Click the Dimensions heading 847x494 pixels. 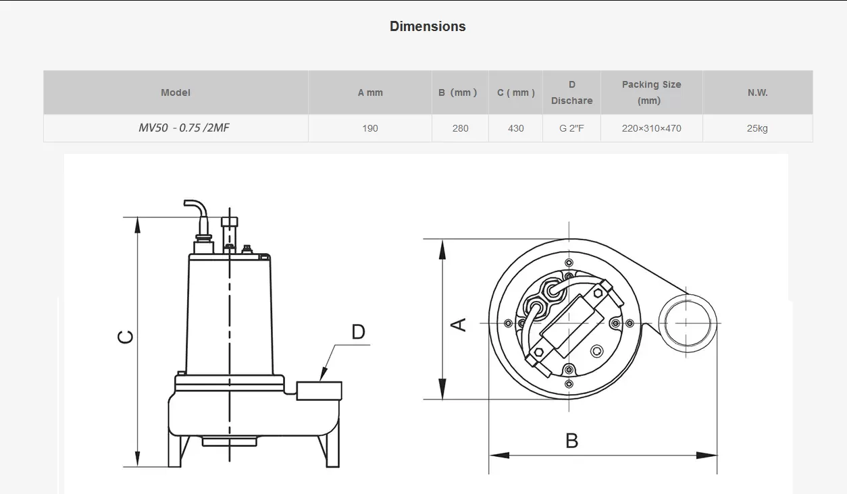coord(428,26)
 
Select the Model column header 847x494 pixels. coord(176,92)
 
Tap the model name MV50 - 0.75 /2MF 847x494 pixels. coord(184,128)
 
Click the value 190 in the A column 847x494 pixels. coord(370,128)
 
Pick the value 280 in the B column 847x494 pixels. coord(460,128)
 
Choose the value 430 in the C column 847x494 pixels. coord(516,128)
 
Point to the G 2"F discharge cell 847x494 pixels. coord(571,128)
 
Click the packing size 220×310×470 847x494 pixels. coord(652,128)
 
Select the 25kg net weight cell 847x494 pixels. coord(757,128)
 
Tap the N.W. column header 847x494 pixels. coord(757,92)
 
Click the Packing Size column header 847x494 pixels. coord(651,92)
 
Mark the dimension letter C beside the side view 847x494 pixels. coord(126,337)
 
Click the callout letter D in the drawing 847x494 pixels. coord(358,332)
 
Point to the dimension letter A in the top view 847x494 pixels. coord(459,325)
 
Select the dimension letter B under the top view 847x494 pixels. coord(571,441)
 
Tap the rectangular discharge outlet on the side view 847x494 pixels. coord(319,391)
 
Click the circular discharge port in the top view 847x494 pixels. coord(687,323)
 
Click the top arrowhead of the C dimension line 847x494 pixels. coord(138,225)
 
